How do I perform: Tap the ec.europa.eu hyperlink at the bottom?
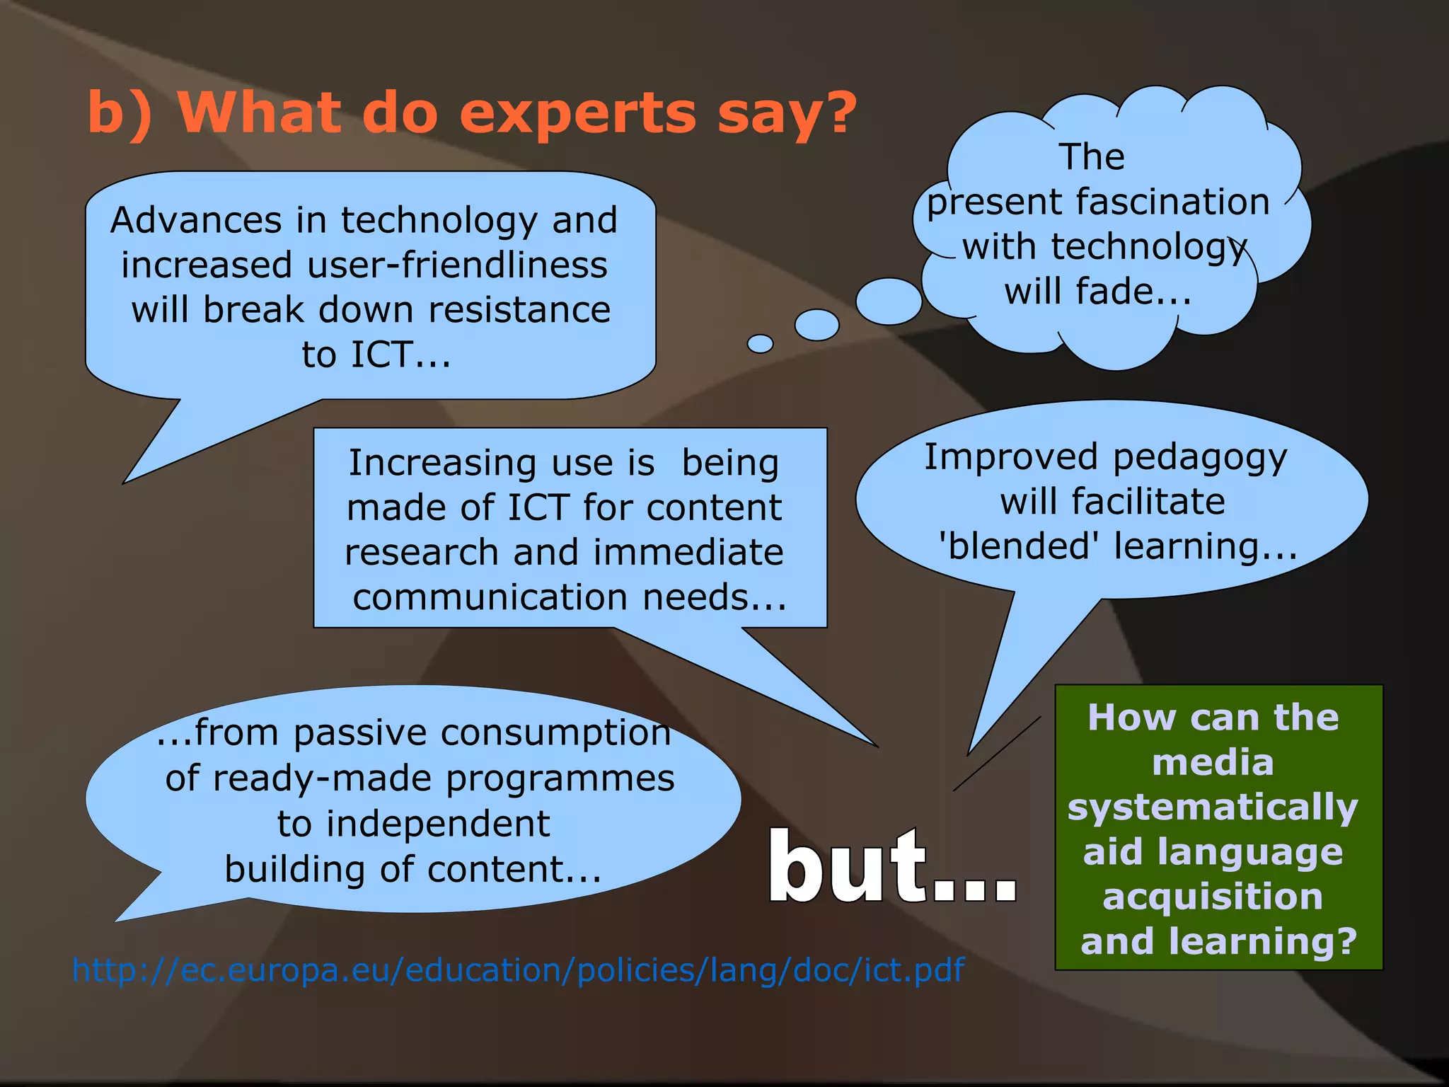[518, 970]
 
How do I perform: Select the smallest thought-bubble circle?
[760, 344]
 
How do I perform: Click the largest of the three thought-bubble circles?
[889, 301]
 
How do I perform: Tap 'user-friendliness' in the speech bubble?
[457, 265]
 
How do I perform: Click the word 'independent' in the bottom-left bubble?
[438, 824]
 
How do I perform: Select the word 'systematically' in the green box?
[1213, 807]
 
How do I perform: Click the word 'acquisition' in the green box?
[1213, 897]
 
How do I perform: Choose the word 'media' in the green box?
[1213, 763]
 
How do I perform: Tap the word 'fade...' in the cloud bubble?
[1133, 292]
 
